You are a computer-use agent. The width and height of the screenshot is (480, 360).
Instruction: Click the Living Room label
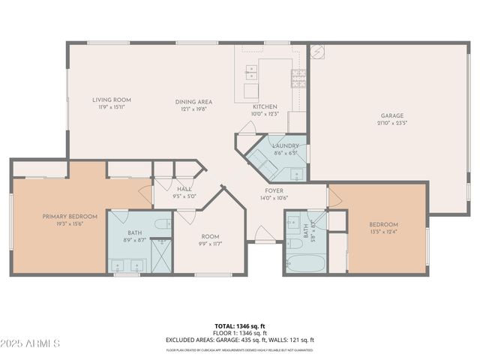[112, 100]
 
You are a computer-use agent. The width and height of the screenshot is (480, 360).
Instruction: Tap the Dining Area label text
[193, 102]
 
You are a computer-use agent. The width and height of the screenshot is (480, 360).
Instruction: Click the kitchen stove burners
[298, 74]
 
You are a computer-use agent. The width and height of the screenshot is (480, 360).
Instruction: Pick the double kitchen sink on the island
[252, 73]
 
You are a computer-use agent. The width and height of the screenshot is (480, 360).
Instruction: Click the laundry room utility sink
[297, 175]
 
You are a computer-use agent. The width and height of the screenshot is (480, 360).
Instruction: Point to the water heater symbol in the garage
[318, 52]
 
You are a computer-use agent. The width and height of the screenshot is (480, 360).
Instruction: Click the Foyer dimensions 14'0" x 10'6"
[273, 198]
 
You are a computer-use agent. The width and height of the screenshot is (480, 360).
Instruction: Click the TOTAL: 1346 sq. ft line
[239, 326]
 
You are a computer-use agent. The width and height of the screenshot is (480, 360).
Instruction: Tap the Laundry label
[286, 145]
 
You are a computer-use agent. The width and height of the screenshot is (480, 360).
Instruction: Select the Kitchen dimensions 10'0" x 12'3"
[265, 114]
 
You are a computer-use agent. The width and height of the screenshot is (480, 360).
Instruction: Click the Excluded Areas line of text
[239, 340]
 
